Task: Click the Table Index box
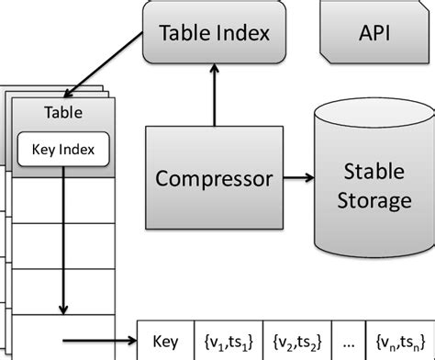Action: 214,35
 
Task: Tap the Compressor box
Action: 214,177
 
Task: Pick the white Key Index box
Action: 63,148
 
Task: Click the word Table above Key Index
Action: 63,114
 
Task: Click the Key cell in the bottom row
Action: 165,340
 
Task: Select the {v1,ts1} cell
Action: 229,340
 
